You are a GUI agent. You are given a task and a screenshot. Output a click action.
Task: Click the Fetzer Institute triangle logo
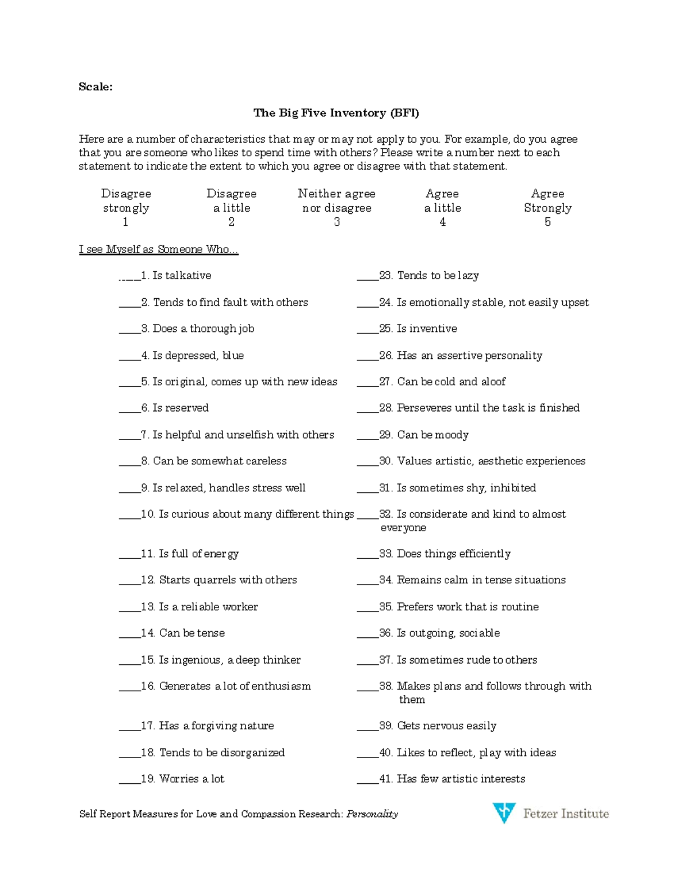point(504,812)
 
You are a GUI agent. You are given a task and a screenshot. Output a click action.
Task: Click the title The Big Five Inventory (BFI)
point(336,113)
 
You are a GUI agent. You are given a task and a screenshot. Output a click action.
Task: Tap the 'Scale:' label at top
point(95,86)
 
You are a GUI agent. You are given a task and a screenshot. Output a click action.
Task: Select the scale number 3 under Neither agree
point(336,222)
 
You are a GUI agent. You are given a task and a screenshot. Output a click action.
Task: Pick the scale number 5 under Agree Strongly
point(548,222)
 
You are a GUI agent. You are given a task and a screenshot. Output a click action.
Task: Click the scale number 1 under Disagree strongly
point(125,222)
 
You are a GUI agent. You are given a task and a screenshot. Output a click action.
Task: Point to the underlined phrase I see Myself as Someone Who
point(158,249)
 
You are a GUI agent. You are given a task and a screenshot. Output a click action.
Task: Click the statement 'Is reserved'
point(180,408)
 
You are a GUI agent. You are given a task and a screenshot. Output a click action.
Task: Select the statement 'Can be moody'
point(432,435)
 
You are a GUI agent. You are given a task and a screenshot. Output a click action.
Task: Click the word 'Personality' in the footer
point(372,814)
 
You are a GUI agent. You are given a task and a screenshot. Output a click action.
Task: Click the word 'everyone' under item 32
point(403,528)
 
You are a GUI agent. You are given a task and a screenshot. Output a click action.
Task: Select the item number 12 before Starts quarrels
point(148,580)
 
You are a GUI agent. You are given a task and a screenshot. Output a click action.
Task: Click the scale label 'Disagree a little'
point(231,200)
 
